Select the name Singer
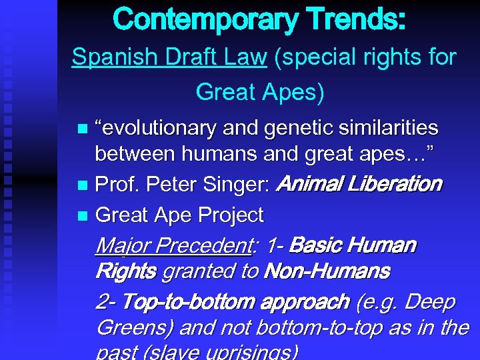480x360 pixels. (x=237, y=183)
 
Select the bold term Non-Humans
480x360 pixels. (x=327, y=271)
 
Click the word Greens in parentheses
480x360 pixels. (x=129, y=328)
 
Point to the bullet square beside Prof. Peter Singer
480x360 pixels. (x=82, y=185)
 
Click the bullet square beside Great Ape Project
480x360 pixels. (x=82, y=216)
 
